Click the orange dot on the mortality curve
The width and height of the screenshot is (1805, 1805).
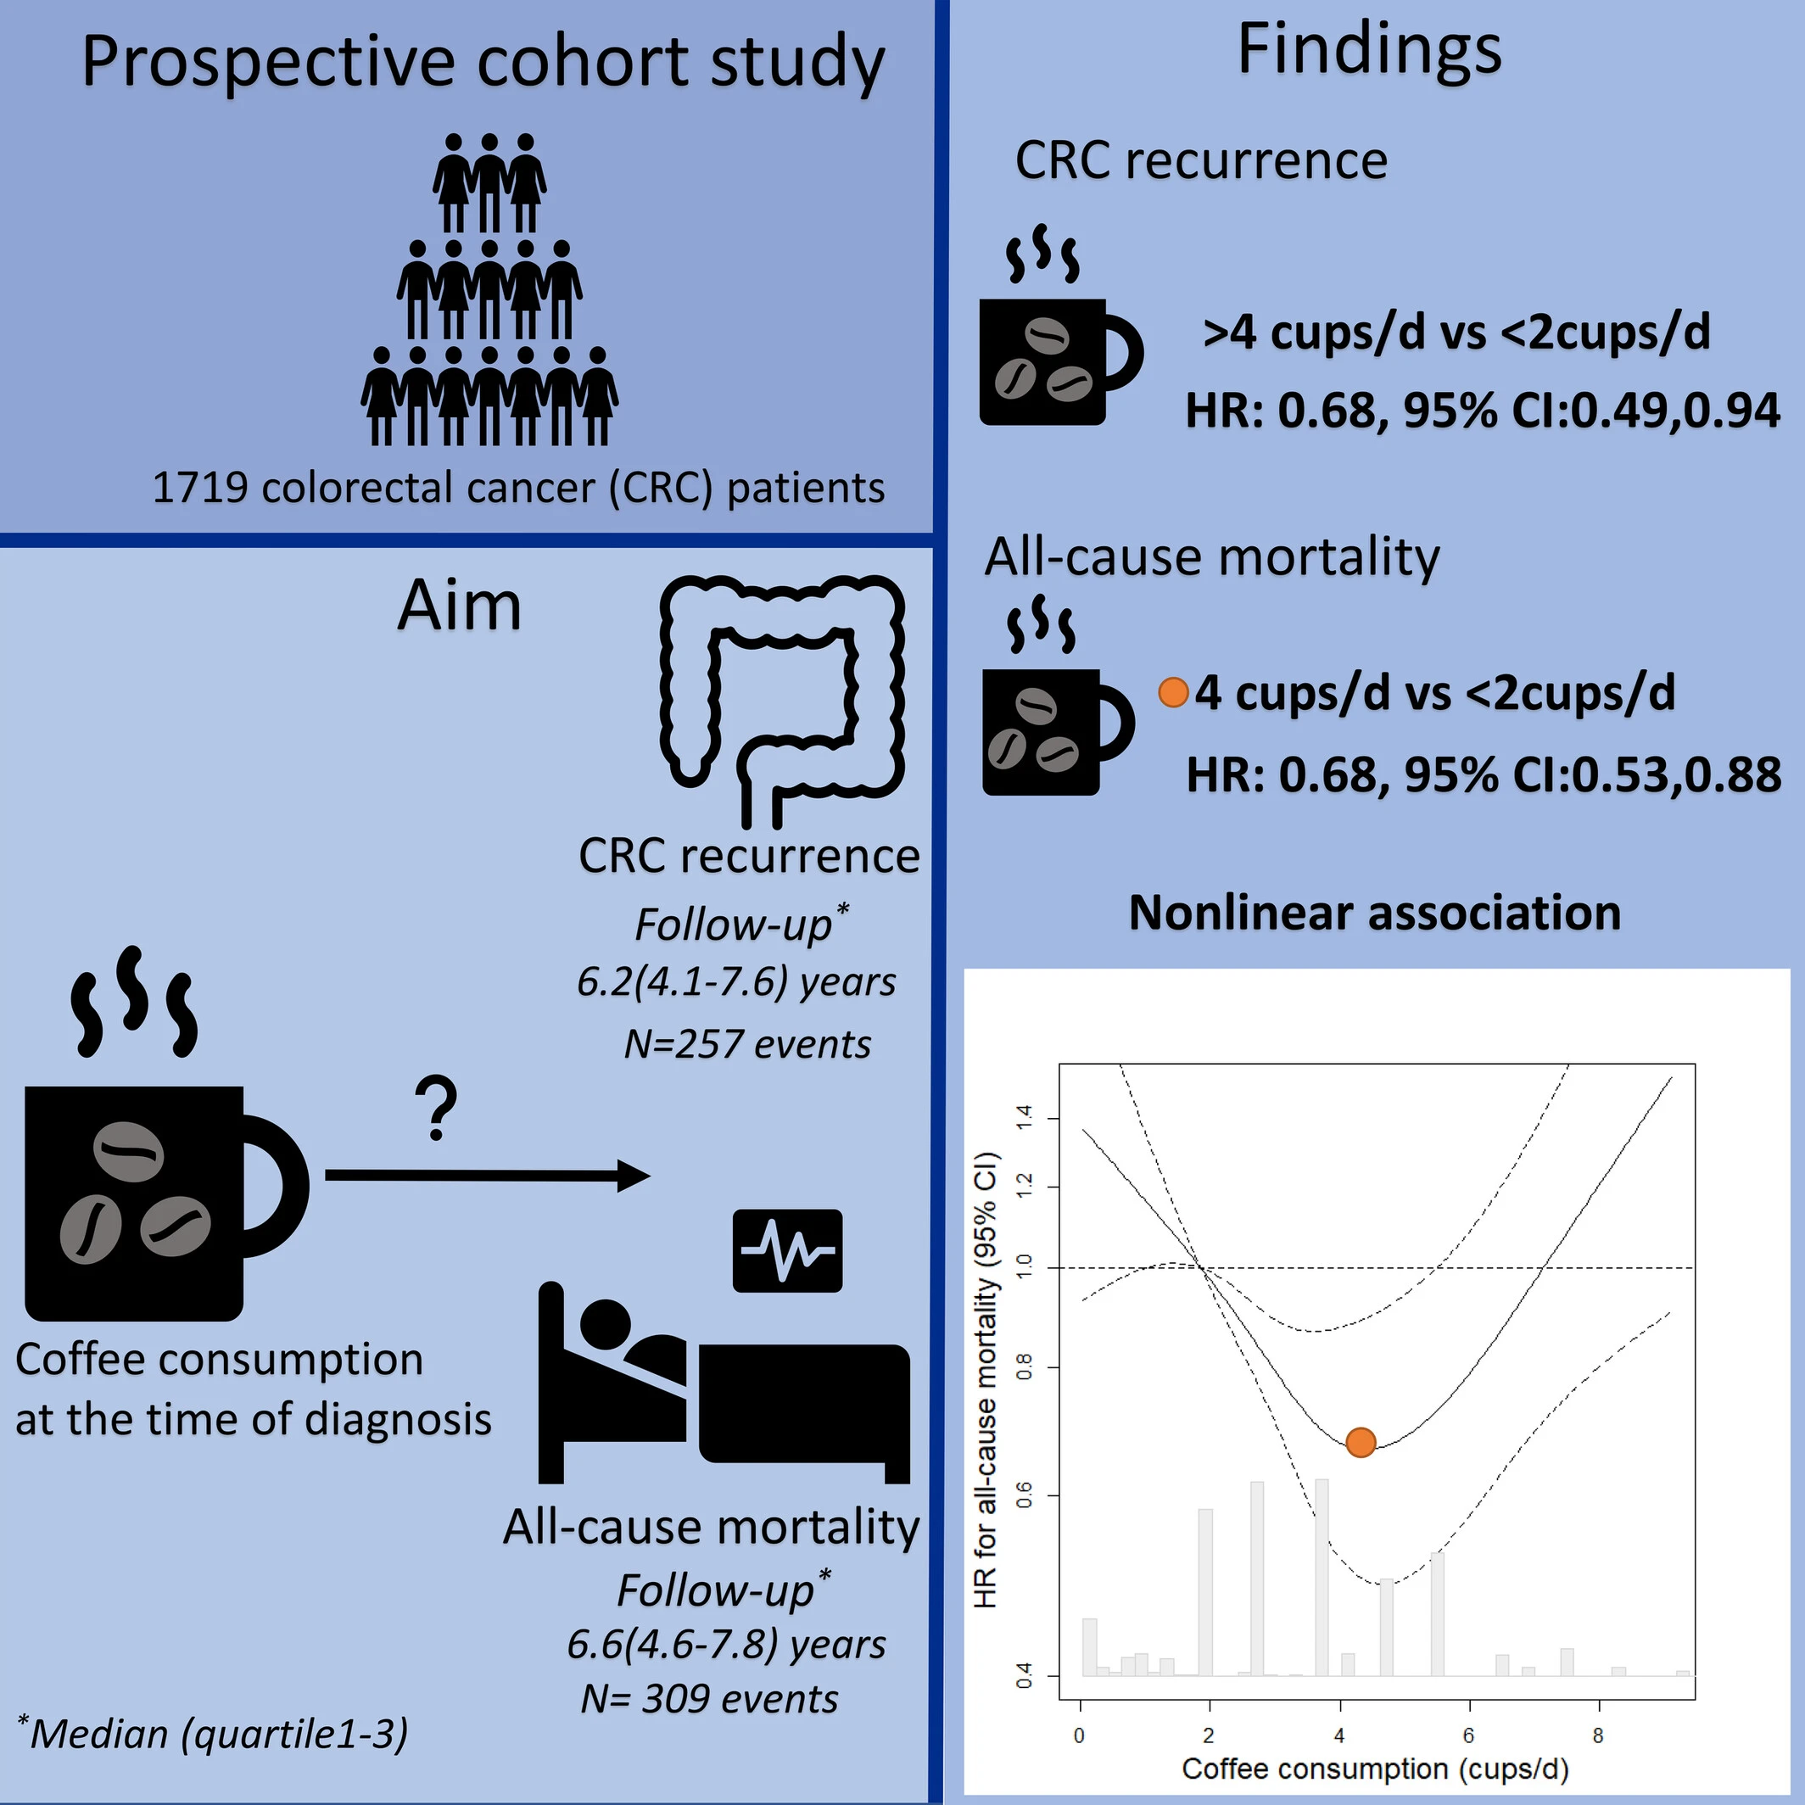click(1361, 1442)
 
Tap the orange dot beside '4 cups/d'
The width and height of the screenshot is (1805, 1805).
click(1172, 692)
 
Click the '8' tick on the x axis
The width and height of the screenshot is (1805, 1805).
click(1597, 1735)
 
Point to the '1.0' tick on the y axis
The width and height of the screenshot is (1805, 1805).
click(1024, 1267)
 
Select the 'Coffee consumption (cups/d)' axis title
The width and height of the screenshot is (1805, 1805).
click(1374, 1768)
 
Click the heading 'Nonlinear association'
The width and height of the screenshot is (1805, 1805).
click(1374, 913)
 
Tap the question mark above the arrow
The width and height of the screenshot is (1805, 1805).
click(436, 1108)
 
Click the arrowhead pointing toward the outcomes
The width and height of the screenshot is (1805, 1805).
click(634, 1176)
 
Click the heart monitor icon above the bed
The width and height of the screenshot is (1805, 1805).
click(786, 1250)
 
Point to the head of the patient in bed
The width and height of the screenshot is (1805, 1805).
click(606, 1324)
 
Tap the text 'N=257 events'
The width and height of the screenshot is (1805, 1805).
click(747, 1043)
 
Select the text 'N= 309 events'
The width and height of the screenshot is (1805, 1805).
click(709, 1698)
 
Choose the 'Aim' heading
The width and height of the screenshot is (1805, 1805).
click(459, 606)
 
